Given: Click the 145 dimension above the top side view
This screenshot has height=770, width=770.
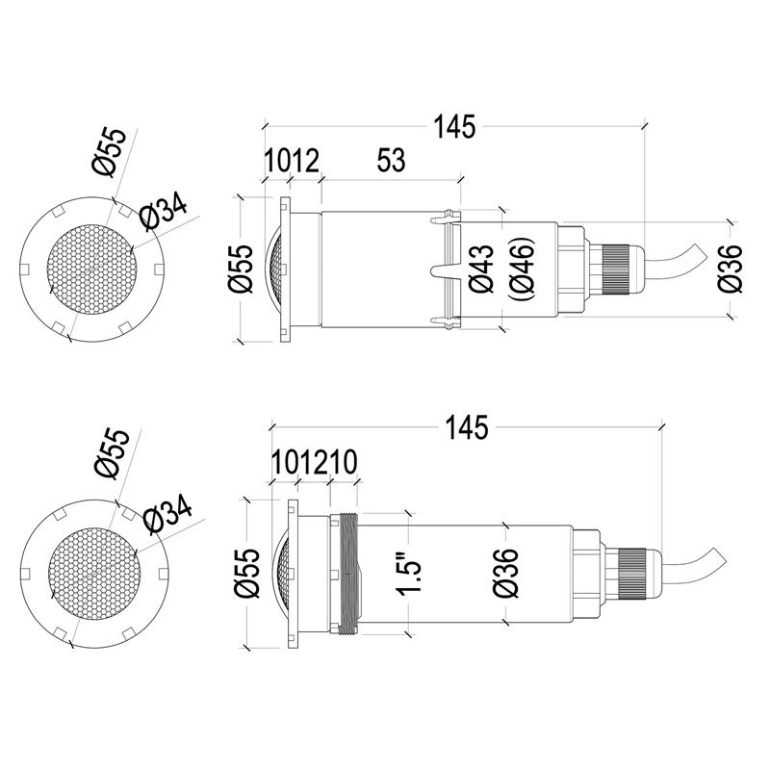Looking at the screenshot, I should [454, 126].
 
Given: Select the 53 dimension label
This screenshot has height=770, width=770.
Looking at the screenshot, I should [390, 161].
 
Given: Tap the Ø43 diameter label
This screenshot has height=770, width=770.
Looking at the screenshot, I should [481, 269].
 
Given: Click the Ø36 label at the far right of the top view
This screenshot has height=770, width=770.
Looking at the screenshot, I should [731, 269].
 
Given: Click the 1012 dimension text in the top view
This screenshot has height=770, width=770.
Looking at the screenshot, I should [292, 161].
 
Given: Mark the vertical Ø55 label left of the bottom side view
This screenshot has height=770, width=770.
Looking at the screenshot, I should [246, 574].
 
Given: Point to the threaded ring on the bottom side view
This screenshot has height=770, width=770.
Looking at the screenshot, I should [347, 574].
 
